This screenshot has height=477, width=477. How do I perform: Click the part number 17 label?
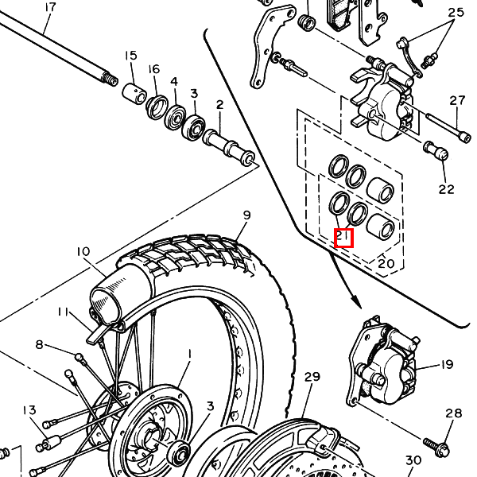coord(51,7)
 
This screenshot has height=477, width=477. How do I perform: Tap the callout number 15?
coord(131,56)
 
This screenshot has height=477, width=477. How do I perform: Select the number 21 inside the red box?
coord(343,237)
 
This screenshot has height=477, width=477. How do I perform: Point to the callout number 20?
coord(386,263)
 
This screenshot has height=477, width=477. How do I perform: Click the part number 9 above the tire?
coord(246,215)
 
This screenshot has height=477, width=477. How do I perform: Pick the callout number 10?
coord(83,251)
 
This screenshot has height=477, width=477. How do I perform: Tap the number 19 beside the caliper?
coord(447,364)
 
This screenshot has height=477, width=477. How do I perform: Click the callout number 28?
coord(454,413)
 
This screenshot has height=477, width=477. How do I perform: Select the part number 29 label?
coord(312,377)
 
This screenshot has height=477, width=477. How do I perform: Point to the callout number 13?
coord(29,410)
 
